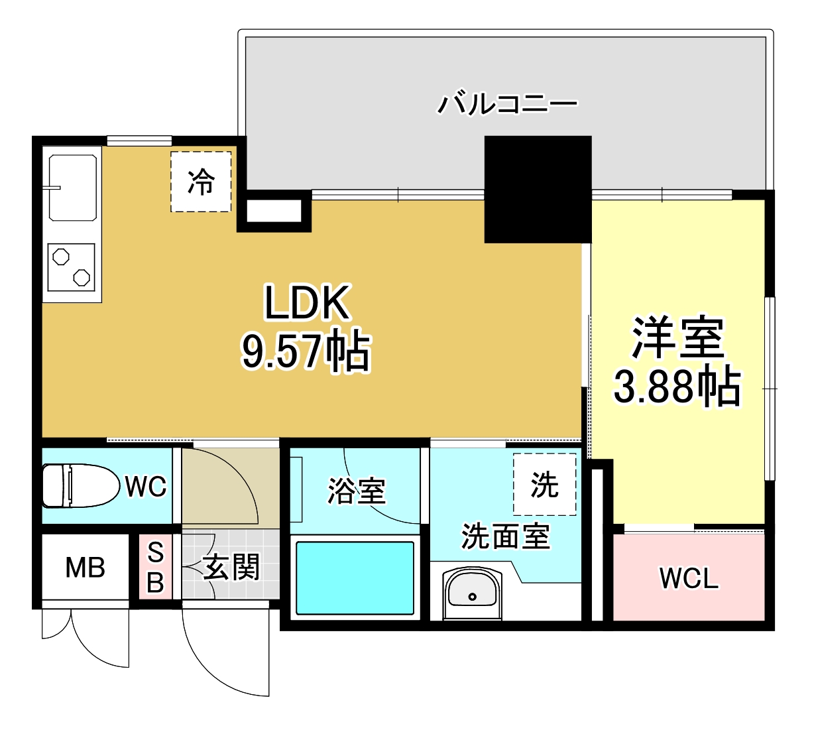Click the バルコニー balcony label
507,103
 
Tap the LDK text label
306,303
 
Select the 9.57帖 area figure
306,350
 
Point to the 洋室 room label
677,337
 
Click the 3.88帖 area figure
677,386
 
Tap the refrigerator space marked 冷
201,182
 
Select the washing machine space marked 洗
544,485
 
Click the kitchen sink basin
72,187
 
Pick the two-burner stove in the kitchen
72,267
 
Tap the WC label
146,487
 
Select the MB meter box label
85,568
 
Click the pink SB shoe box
155,567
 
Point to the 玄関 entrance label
231,568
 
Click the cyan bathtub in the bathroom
355,578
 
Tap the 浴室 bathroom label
357,491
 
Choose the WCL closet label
689,579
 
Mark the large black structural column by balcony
538,190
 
